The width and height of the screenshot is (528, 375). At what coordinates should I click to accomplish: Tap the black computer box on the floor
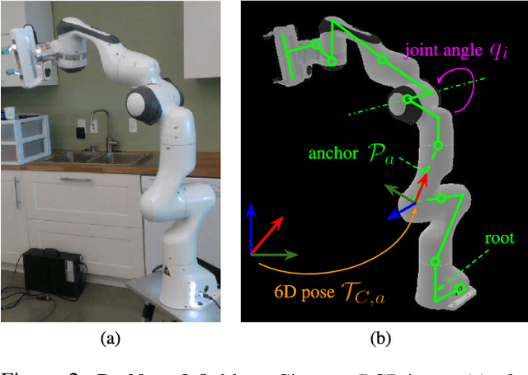(51, 272)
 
